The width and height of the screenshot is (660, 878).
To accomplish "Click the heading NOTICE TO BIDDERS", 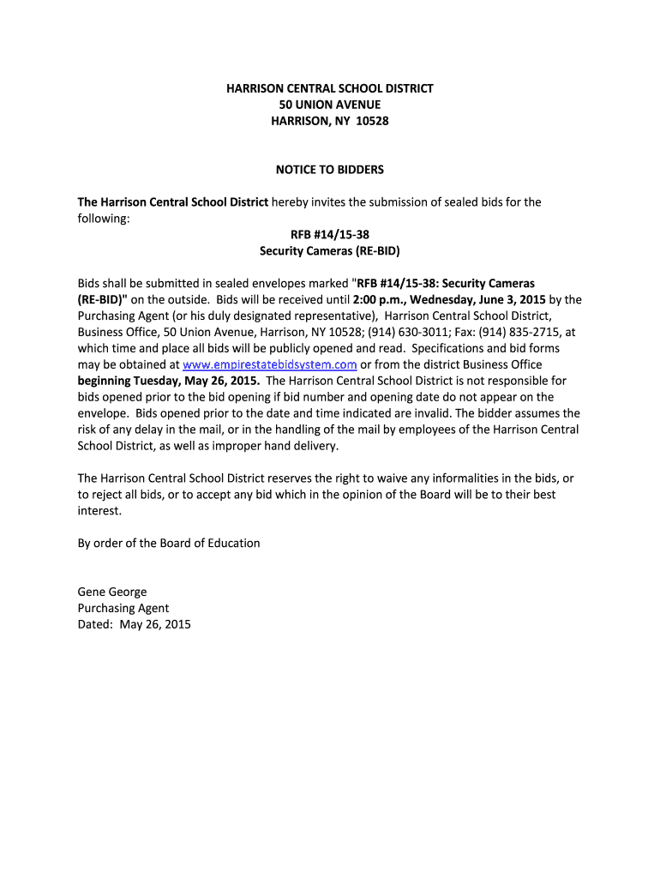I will click(330, 170).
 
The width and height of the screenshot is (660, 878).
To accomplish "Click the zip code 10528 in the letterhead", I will click(372, 121).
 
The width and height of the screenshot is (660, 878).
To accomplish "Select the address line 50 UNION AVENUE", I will click(330, 105).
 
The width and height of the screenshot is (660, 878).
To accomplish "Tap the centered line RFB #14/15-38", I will click(330, 235).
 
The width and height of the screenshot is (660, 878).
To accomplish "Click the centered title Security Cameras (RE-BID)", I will click(330, 251).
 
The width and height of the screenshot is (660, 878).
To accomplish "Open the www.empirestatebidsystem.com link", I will click(270, 364).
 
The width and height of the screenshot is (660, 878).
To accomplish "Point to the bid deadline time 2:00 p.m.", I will click(376, 300).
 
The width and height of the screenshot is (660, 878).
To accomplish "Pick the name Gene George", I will click(112, 592).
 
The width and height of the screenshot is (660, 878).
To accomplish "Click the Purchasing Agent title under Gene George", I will click(123, 608).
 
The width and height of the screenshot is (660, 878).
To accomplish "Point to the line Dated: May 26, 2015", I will click(135, 624).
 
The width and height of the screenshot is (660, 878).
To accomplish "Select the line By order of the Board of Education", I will click(169, 543).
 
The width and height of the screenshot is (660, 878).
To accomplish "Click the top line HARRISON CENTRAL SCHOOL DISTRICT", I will click(330, 88).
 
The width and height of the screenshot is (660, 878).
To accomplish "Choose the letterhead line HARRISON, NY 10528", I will click(330, 121).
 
